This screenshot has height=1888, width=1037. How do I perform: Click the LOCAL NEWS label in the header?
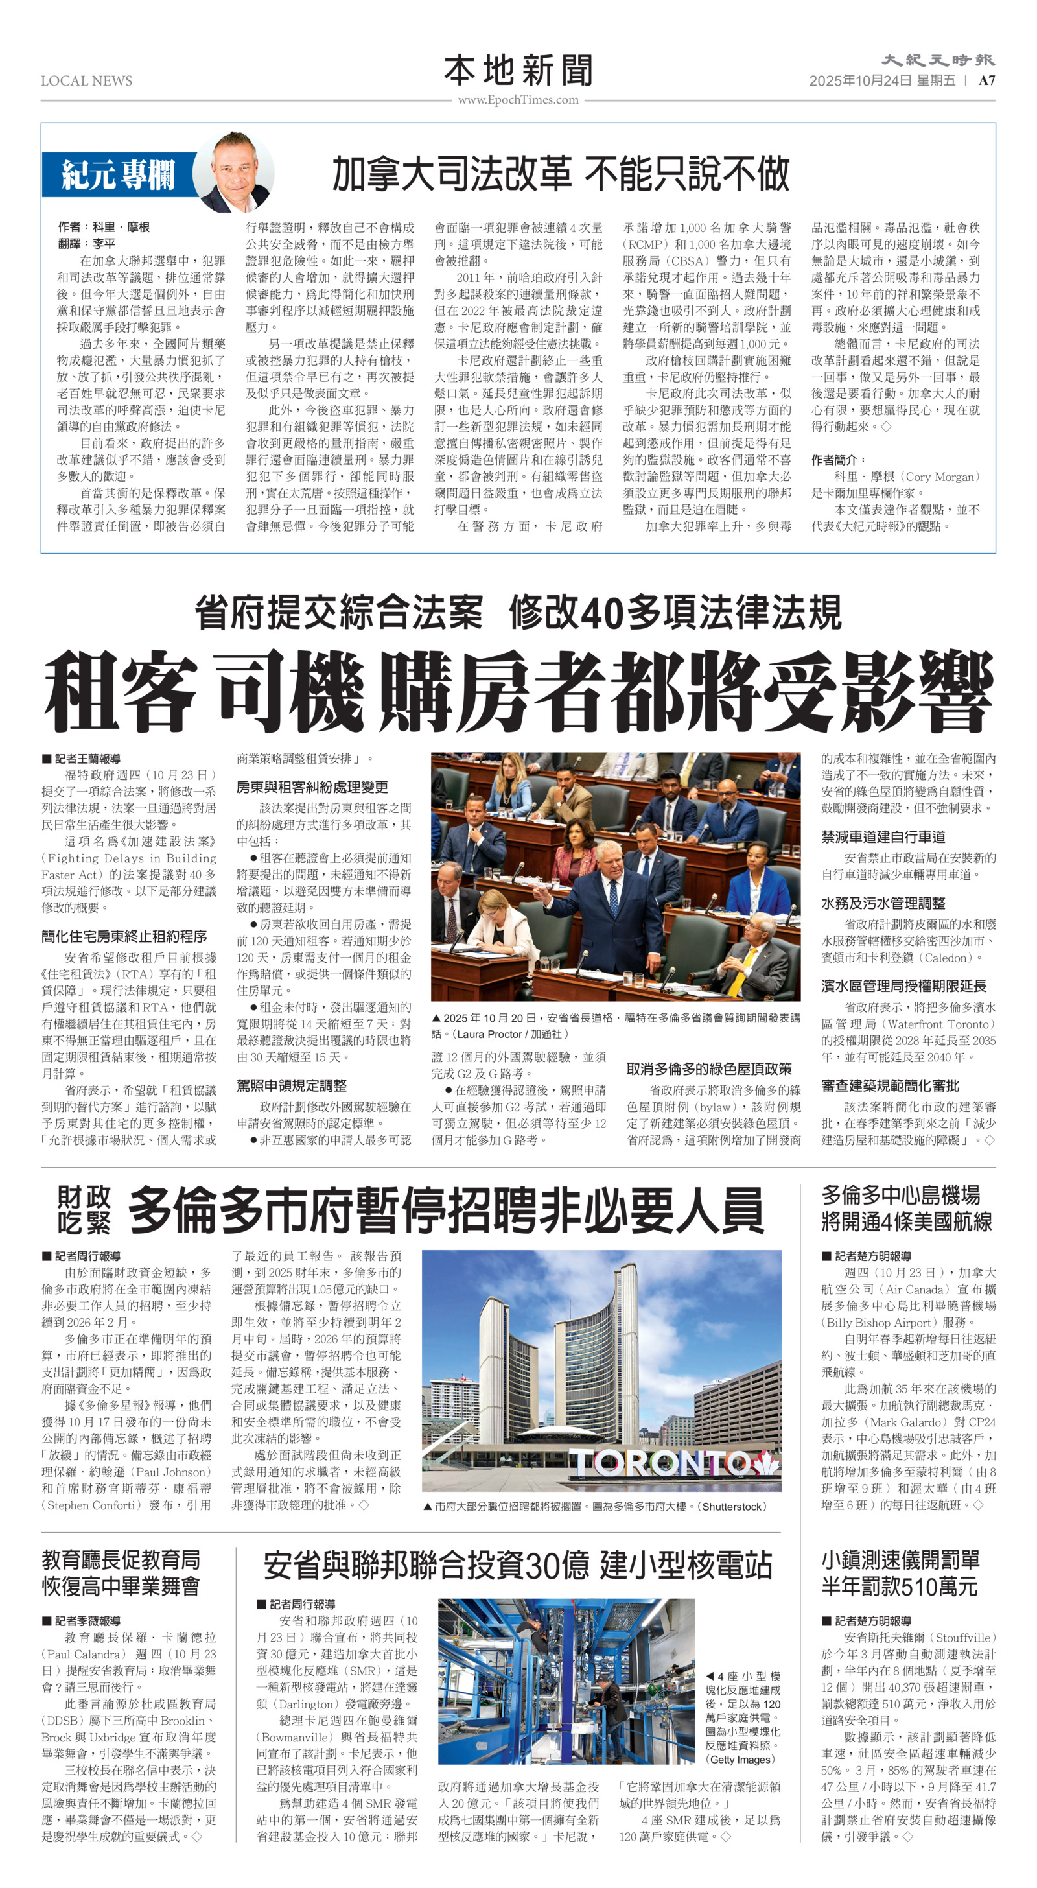(x=86, y=80)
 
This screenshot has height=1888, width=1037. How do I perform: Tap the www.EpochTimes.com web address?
(x=518, y=100)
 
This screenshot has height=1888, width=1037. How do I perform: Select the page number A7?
(x=986, y=80)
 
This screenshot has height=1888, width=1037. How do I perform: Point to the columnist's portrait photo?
(x=235, y=173)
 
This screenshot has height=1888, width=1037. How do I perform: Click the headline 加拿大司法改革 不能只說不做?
(x=561, y=174)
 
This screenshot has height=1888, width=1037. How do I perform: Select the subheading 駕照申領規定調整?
(x=291, y=1085)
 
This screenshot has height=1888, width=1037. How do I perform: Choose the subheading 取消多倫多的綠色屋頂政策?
(x=708, y=1068)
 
